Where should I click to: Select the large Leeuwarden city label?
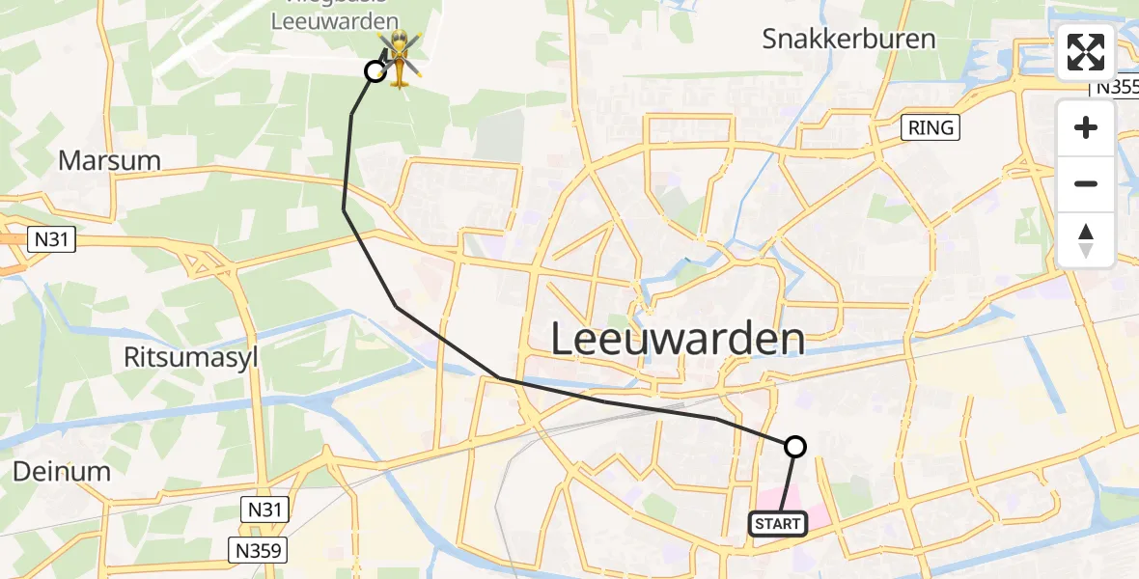tap(679, 340)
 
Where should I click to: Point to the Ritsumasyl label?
tap(189, 357)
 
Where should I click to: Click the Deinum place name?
tap(63, 471)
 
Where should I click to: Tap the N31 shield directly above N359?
tap(266, 509)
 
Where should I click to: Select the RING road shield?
tap(931, 126)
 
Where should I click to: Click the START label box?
tap(778, 524)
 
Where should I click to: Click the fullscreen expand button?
tap(1086, 52)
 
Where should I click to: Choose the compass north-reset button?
tap(1086, 240)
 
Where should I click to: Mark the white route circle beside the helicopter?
tap(375, 70)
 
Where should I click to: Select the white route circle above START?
tap(795, 446)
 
